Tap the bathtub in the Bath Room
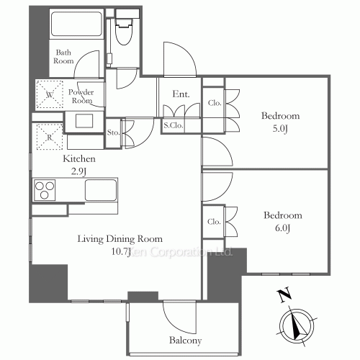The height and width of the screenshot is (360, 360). click(77, 24)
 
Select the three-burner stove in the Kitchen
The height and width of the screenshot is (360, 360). click(45, 190)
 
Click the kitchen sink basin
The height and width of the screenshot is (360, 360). click(101, 190)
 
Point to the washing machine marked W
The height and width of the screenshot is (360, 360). click(50, 94)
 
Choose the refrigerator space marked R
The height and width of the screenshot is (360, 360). click(50, 137)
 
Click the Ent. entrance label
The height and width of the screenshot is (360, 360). click(181, 94)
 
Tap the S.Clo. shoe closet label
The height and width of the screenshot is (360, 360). click(174, 125)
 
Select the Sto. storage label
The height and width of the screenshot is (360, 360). click(113, 132)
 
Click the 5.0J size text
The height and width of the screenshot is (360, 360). click(280, 129)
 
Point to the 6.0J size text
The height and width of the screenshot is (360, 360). click(282, 228)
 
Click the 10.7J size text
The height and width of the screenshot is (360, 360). click(121, 252)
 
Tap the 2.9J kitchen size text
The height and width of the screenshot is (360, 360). click(78, 171)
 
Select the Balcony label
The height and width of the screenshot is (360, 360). click(185, 341)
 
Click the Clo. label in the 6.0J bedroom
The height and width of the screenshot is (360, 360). click(214, 222)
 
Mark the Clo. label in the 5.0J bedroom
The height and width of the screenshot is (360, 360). click(215, 103)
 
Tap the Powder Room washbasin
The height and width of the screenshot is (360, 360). click(84, 121)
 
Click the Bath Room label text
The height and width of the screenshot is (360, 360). click(63, 57)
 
